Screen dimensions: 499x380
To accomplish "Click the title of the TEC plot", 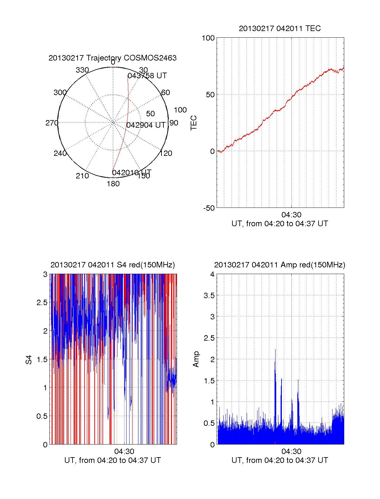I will click(x=280, y=29).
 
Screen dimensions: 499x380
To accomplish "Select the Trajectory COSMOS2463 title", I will click(x=112, y=58).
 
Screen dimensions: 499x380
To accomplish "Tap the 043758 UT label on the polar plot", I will click(x=147, y=76).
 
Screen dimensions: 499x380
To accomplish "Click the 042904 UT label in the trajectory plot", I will click(x=146, y=125).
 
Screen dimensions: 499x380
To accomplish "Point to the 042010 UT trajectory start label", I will click(x=131, y=173).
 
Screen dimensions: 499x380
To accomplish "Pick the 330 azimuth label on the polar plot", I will click(x=82, y=70).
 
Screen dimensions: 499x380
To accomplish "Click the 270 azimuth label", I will click(x=52, y=123).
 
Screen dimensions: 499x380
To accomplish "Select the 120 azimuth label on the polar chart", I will click(x=166, y=153).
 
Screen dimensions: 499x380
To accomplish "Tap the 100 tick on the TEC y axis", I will click(x=208, y=38).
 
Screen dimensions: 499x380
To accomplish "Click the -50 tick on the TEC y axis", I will click(x=209, y=208).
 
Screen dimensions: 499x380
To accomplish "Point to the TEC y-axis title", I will click(x=193, y=123).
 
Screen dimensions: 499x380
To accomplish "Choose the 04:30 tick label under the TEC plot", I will click(x=291, y=215).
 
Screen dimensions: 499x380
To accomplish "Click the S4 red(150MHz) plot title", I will click(x=112, y=265).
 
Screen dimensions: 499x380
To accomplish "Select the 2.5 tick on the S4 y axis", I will click(x=42, y=303).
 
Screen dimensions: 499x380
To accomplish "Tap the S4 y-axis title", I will click(x=29, y=360).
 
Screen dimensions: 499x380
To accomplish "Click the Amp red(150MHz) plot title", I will click(x=280, y=265).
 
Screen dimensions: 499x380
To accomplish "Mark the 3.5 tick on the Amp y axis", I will click(x=209, y=296).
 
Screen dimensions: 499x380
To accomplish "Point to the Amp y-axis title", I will click(x=196, y=359).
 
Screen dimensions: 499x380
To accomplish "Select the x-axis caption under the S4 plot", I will click(x=112, y=460).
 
